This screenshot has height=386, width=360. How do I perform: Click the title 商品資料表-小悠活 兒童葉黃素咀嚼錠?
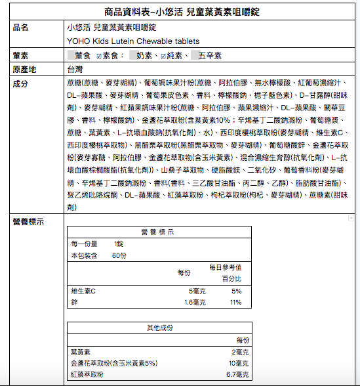(x=180, y=12)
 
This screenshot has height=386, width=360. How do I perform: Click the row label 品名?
(x=20, y=28)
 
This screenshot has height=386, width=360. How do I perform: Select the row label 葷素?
(x=20, y=55)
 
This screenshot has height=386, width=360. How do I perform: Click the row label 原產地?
(x=24, y=69)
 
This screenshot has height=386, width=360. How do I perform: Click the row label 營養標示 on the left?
(x=28, y=222)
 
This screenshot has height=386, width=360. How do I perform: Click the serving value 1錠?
(x=118, y=244)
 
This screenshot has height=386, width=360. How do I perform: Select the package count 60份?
(x=119, y=255)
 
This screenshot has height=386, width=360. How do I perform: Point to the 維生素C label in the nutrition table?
(x=83, y=291)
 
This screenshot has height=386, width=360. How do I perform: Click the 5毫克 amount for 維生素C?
(x=197, y=291)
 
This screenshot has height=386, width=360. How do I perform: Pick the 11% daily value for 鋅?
(x=236, y=302)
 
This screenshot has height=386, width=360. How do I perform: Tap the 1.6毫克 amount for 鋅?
(x=195, y=302)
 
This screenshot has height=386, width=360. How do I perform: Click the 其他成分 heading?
(x=159, y=328)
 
